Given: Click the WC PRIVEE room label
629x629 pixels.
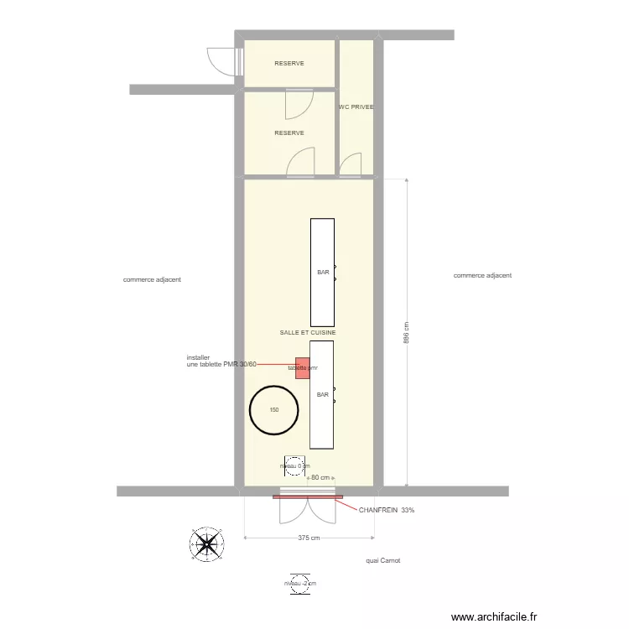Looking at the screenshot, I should point(356,107).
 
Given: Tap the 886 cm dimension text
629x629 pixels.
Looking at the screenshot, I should point(407,334).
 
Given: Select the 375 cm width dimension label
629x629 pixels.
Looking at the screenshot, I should point(309,538).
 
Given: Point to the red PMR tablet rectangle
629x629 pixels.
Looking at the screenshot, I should point(303,367).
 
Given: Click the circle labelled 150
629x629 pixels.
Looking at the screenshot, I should point(274,410).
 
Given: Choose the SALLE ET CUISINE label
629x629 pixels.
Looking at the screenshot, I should point(308,333).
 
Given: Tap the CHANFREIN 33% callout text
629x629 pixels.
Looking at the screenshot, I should point(387,510).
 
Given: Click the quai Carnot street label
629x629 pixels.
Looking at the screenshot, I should point(383,561).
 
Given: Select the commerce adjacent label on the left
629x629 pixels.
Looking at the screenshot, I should point(152,280).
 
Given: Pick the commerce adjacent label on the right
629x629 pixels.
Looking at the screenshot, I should point(482,275).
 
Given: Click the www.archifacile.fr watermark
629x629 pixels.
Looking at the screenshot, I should point(494,617).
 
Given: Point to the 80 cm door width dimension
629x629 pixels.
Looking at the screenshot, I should point(319,478).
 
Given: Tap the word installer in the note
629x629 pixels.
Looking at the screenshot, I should point(198,356).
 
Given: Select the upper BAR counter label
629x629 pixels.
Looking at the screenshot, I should point(323,273).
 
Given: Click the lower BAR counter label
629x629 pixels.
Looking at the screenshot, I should point(323,394).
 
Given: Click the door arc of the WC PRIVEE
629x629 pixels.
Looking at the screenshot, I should point(351,164).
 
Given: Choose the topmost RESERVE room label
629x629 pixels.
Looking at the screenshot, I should point(289,64).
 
